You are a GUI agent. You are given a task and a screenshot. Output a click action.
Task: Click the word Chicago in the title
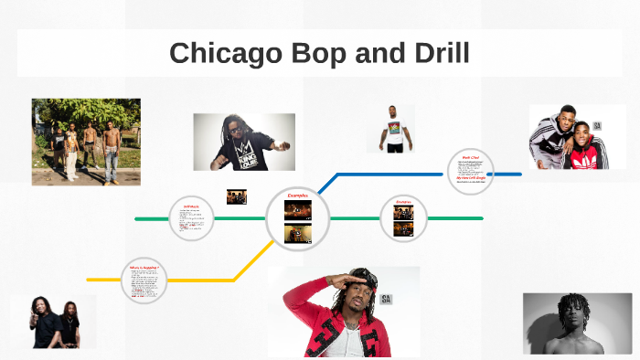click(x=225, y=53)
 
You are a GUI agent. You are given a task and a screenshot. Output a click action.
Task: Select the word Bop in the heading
click(x=320, y=53)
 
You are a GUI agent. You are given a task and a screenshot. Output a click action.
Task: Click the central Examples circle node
click(x=298, y=218)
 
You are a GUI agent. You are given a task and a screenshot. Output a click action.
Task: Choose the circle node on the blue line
click(x=471, y=172)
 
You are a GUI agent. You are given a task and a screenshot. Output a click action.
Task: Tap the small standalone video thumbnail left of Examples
click(x=237, y=196)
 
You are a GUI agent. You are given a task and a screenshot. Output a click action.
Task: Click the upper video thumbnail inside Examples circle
click(x=298, y=211)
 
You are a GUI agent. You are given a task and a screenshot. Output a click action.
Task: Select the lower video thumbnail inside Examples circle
click(x=298, y=234)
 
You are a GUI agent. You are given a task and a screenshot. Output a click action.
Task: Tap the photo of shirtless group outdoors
click(x=86, y=142)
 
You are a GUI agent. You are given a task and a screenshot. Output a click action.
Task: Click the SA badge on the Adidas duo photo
click(x=597, y=125)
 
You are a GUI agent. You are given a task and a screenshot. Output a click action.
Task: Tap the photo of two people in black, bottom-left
click(x=53, y=322)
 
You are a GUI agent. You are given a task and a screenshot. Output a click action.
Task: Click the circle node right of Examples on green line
click(x=404, y=218)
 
